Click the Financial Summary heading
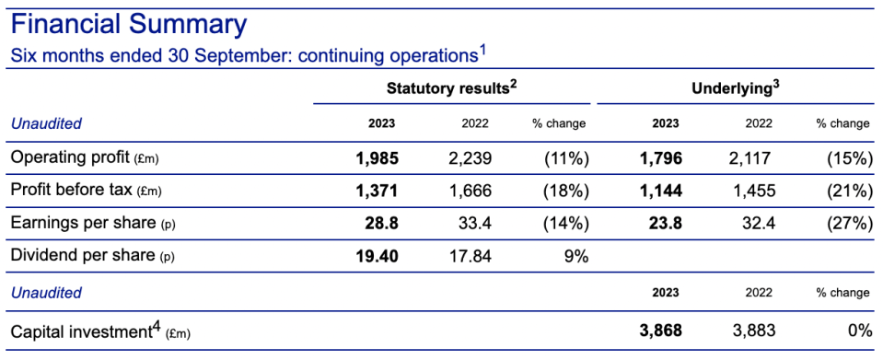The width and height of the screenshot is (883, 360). [x=129, y=26]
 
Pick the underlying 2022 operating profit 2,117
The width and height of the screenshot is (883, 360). [x=750, y=159]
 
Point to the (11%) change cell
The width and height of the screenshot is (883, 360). [x=566, y=159]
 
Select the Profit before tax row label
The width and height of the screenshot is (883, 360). [x=87, y=191]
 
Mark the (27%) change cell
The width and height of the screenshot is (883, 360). [x=849, y=224]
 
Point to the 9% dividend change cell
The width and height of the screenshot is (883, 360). [x=576, y=256]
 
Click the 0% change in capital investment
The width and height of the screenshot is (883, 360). [x=859, y=331]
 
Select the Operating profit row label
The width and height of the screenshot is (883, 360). [x=85, y=159]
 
